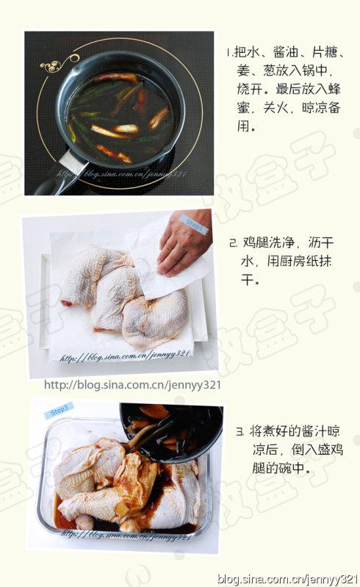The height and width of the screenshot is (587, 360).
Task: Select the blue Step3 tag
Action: (58, 411)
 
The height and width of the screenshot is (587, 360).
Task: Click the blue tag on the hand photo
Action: (193, 225)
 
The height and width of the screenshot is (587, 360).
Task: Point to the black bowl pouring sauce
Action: (171, 431)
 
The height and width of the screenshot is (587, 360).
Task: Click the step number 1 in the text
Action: (228, 52)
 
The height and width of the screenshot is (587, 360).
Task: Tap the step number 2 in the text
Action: (233, 243)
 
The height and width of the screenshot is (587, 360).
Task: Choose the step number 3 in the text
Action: (240, 432)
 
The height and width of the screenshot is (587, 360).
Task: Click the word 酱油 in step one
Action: (286, 52)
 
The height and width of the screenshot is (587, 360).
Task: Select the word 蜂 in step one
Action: (334, 89)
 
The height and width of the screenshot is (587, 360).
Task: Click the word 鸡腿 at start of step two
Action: (256, 242)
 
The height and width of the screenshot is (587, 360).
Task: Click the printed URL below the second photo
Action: (132, 385)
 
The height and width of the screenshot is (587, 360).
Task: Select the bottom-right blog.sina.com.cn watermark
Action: (288, 579)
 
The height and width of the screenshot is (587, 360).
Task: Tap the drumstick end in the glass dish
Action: (84, 521)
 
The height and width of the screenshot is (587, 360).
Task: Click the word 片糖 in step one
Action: (325, 52)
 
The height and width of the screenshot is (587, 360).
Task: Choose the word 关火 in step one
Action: (276, 108)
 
